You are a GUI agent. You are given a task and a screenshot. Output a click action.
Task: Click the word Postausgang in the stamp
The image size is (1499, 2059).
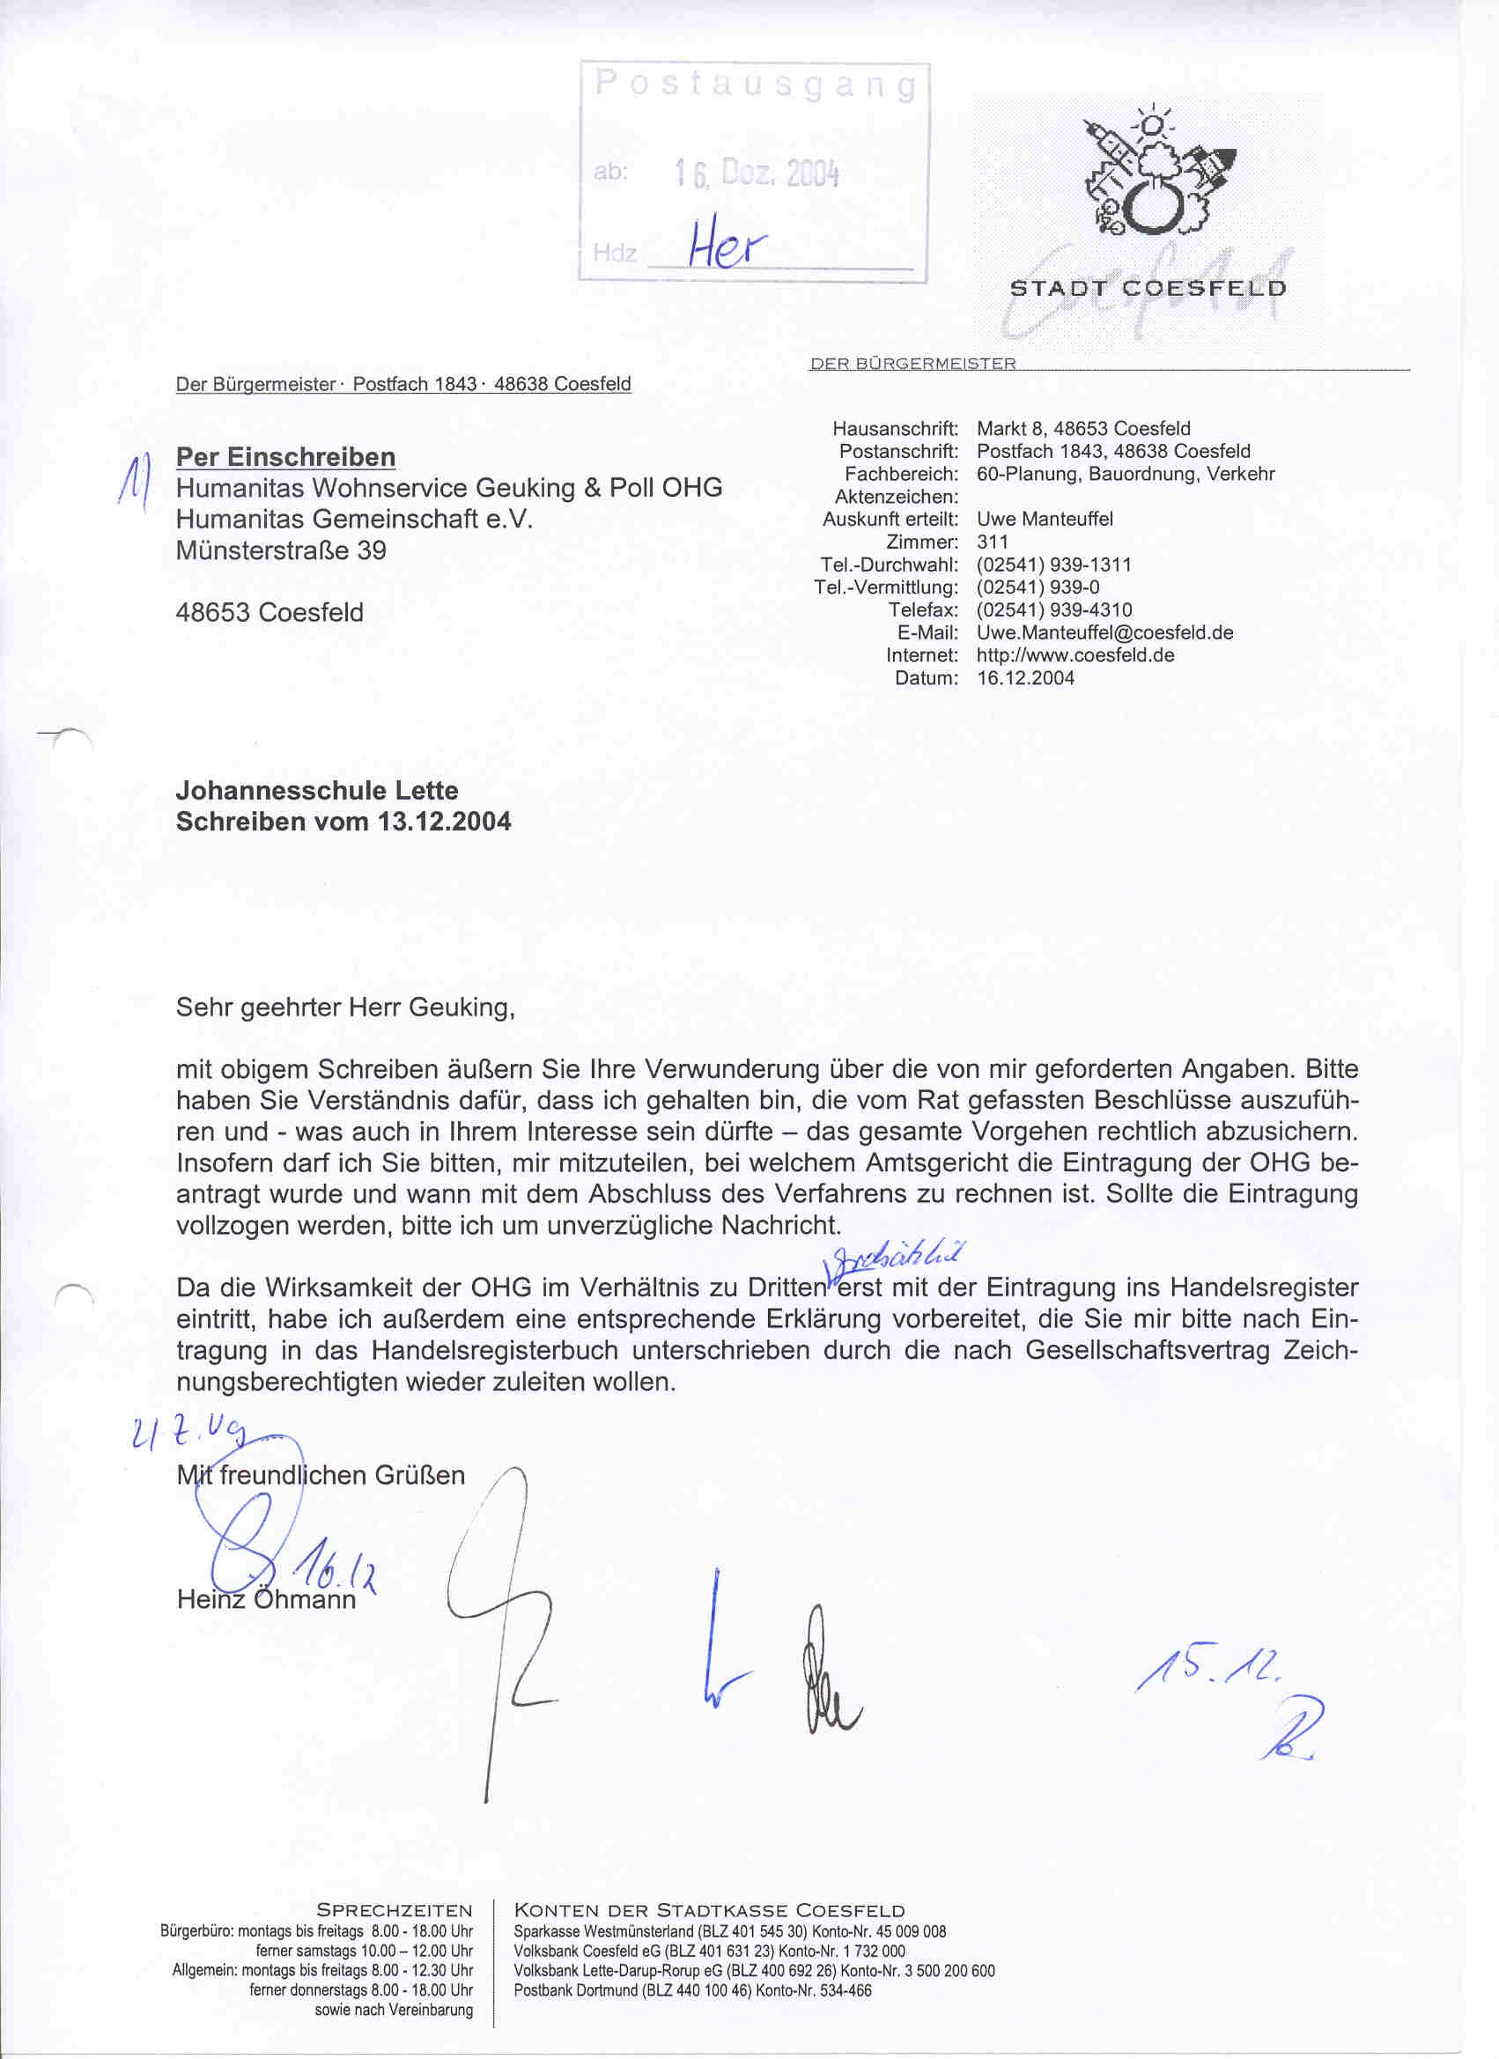[754, 85]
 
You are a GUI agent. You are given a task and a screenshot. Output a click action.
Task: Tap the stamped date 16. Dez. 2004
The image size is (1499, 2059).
[757, 172]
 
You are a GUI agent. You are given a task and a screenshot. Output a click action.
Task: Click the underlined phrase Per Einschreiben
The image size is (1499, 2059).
[286, 457]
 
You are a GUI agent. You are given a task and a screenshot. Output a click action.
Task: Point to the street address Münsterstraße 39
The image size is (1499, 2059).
[281, 550]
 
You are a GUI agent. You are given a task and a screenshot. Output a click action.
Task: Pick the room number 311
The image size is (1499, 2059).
[993, 542]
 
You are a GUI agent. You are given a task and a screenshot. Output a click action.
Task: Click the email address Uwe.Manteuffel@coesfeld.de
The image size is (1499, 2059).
[1105, 633]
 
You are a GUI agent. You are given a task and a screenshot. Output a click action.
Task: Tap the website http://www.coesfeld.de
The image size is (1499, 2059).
[1075, 655]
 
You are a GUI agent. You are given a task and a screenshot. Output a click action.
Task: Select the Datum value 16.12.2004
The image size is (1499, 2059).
[1025, 678]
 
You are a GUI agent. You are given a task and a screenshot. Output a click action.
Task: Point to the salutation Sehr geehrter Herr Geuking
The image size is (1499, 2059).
[345, 1007]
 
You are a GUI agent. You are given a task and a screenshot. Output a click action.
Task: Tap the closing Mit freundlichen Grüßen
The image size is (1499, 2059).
[321, 1475]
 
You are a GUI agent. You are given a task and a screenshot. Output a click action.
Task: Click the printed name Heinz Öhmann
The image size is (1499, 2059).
[266, 1599]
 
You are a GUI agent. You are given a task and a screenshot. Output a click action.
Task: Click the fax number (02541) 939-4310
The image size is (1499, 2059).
[1054, 610]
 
